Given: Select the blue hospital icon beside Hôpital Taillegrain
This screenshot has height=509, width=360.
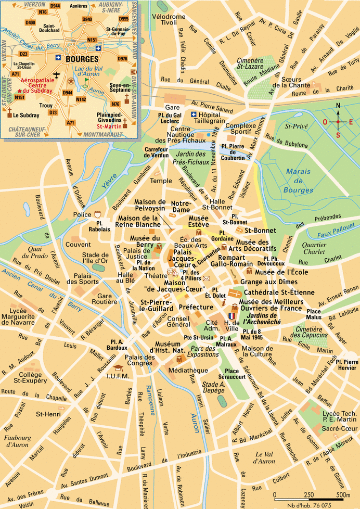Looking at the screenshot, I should pyautogui.click(x=194, y=114).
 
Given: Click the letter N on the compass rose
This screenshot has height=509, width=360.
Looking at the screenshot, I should pyautogui.click(x=338, y=106).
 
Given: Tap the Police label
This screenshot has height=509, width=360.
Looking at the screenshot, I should pyautogui.click(x=82, y=214).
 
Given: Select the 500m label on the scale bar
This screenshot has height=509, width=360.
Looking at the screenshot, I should pyautogui.click(x=342, y=494).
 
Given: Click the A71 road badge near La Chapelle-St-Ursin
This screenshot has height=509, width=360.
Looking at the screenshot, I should pyautogui.click(x=16, y=74).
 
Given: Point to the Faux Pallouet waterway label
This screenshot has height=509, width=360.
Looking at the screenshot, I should pyautogui.click(x=336, y=226).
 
